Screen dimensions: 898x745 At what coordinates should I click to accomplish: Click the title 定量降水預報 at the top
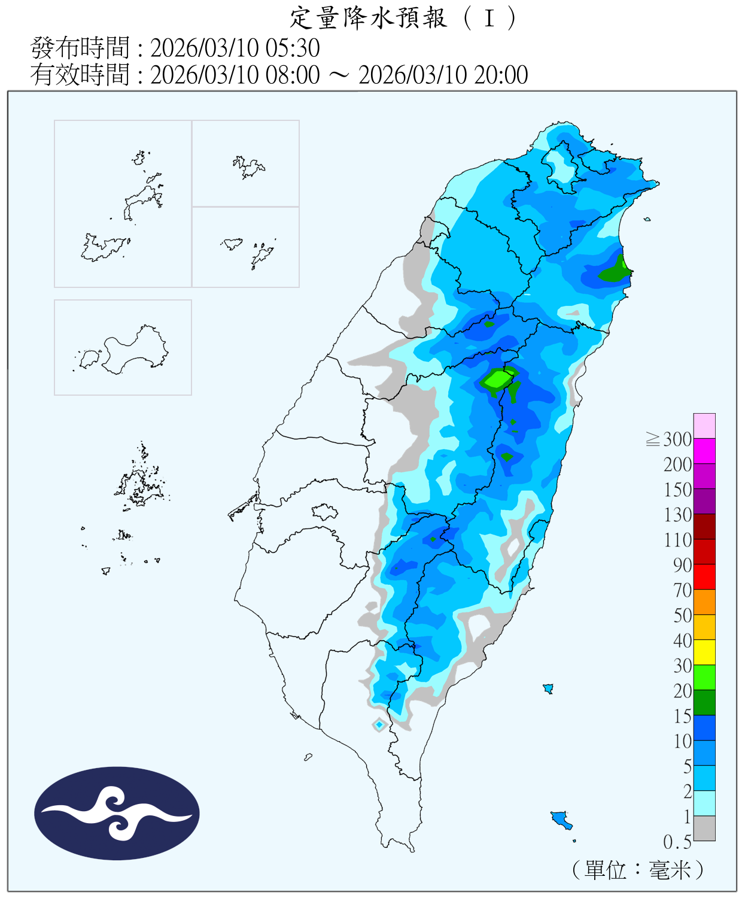(x=368, y=18)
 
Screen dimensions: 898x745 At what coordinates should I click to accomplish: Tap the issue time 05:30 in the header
(x=296, y=48)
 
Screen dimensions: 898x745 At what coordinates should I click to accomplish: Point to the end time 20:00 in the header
(x=501, y=75)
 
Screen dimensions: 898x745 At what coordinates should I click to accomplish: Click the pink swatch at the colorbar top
(x=704, y=426)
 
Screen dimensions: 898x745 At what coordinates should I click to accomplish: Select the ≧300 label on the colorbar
(x=669, y=439)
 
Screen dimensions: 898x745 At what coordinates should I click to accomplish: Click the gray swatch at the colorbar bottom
(x=704, y=828)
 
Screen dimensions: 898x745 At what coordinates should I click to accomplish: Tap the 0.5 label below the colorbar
(x=677, y=842)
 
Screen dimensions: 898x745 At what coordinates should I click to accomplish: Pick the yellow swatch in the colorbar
(x=704, y=652)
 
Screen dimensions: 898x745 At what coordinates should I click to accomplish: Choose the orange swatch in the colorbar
(x=704, y=602)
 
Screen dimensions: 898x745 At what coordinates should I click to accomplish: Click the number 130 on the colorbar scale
(x=677, y=515)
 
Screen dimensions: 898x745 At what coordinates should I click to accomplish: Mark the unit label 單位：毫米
(x=638, y=870)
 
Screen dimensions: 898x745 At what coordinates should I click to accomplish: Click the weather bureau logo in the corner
(x=117, y=813)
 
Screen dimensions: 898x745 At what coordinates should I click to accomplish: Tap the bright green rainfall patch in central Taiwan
(x=496, y=380)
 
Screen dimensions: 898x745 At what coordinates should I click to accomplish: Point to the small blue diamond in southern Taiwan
(x=379, y=725)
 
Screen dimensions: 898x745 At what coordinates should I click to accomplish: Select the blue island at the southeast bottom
(x=561, y=818)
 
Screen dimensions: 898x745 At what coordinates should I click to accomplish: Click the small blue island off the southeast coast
(x=548, y=688)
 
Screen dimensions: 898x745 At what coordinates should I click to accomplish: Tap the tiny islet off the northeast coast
(x=647, y=220)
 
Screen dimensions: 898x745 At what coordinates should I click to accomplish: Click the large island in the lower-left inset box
(x=135, y=350)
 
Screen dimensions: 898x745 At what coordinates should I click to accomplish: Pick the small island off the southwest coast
(x=308, y=757)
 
